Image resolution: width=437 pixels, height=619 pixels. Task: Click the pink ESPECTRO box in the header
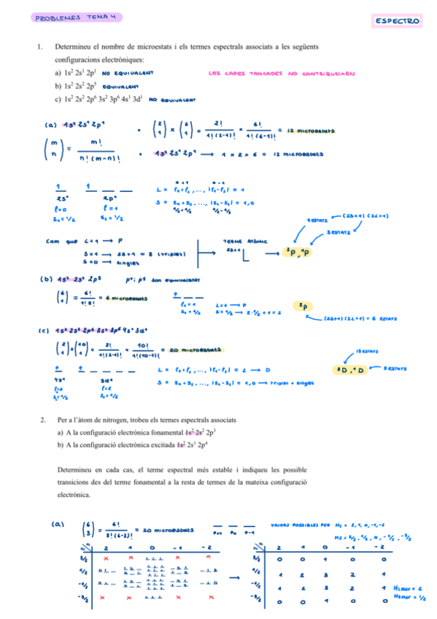(398, 21)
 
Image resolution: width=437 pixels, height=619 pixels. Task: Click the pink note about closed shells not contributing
(281, 73)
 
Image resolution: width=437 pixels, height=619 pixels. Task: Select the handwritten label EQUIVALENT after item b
(121, 85)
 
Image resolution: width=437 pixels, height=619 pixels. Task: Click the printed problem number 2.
(43, 420)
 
